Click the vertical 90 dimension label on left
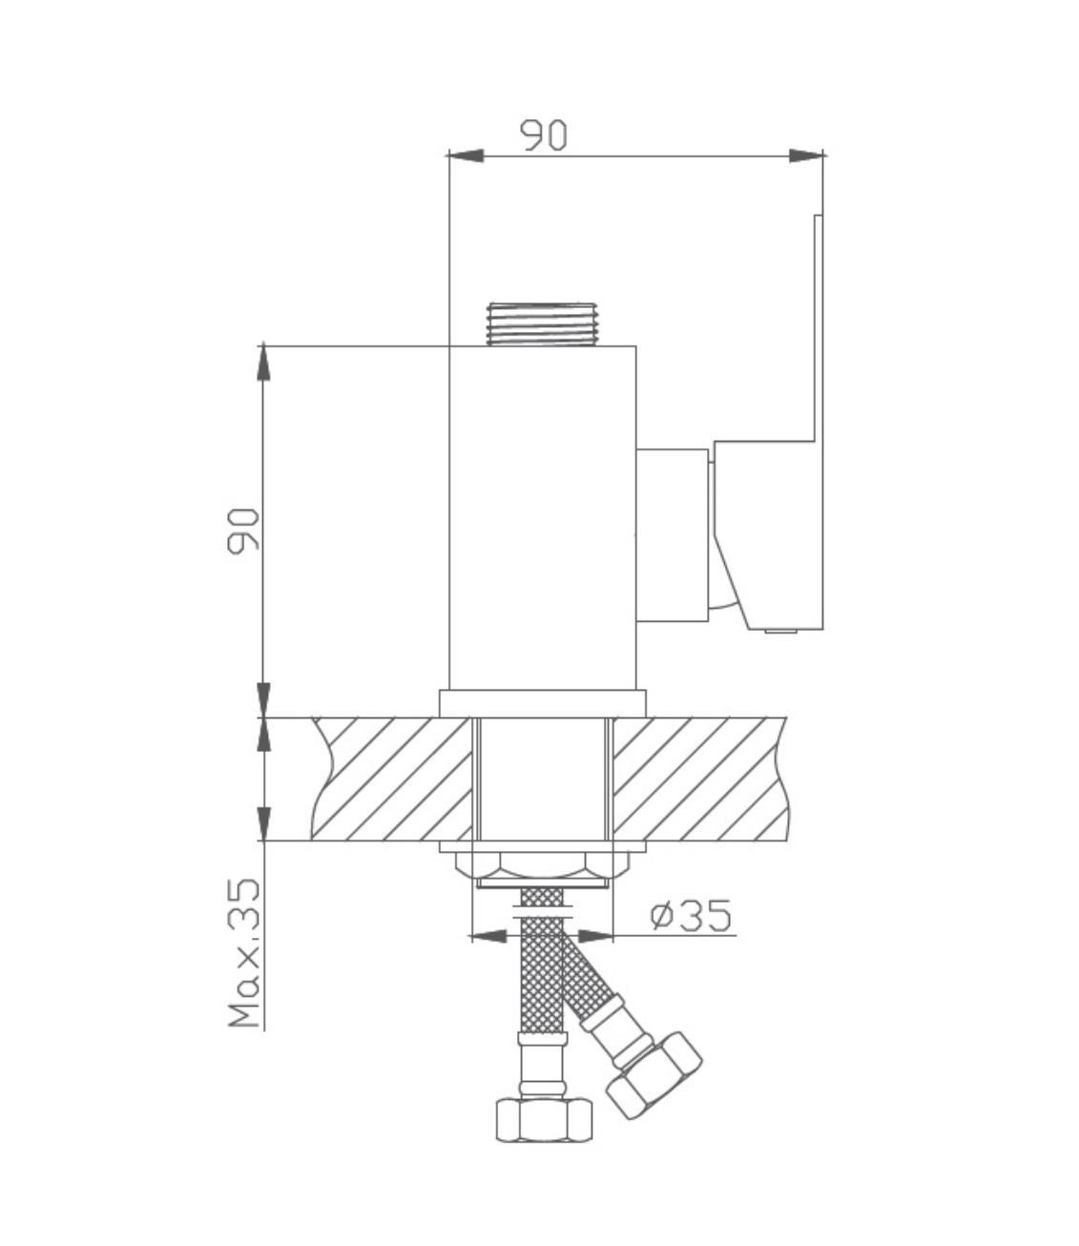(x=243, y=530)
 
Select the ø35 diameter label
(x=691, y=916)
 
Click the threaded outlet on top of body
(x=541, y=324)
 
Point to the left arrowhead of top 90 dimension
(x=466, y=156)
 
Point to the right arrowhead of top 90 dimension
(x=806, y=156)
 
